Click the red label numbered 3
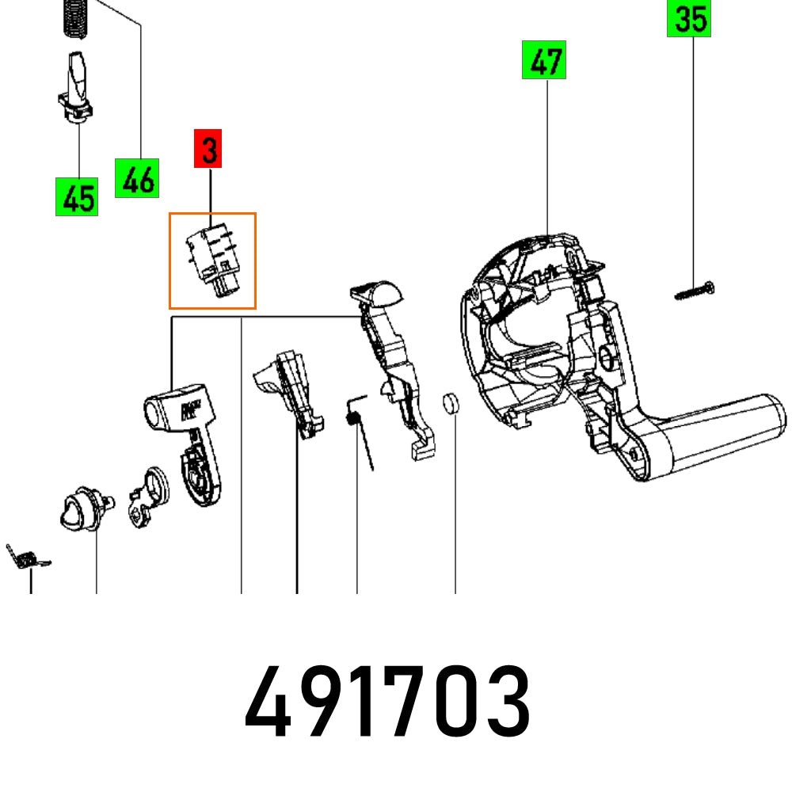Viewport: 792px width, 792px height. click(x=208, y=151)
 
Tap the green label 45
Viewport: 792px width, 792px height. click(x=77, y=196)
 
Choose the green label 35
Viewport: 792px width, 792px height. click(x=688, y=19)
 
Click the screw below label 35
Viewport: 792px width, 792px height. click(x=695, y=291)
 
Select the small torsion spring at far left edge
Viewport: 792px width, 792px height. click(x=26, y=558)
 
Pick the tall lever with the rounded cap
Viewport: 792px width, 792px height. click(x=391, y=356)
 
